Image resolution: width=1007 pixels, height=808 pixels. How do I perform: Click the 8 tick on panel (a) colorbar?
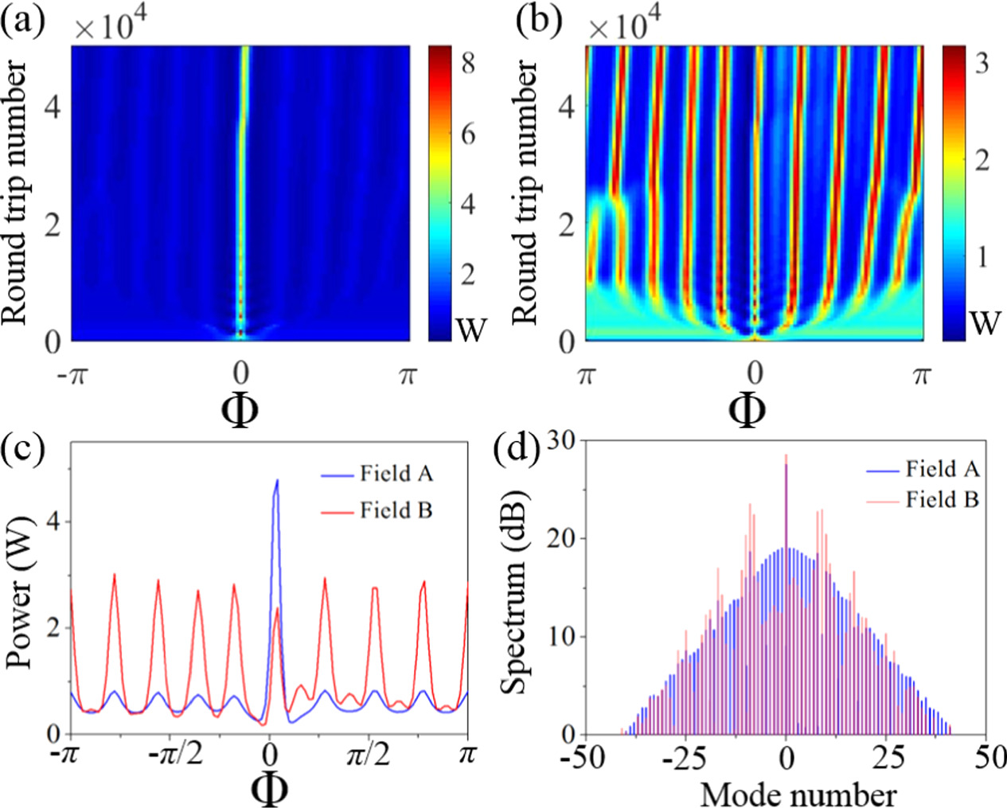468,62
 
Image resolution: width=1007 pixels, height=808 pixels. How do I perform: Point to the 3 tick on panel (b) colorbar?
982,62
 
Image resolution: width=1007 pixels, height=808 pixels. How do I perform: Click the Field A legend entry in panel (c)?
396,474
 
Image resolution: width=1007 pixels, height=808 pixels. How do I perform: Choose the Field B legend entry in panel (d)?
942,500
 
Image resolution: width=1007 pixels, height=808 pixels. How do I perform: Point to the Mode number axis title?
798,794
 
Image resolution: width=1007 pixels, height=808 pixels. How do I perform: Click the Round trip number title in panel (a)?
18,193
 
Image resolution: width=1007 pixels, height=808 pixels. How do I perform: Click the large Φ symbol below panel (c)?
269,789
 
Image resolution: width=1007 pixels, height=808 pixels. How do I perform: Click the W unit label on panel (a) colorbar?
470,326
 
